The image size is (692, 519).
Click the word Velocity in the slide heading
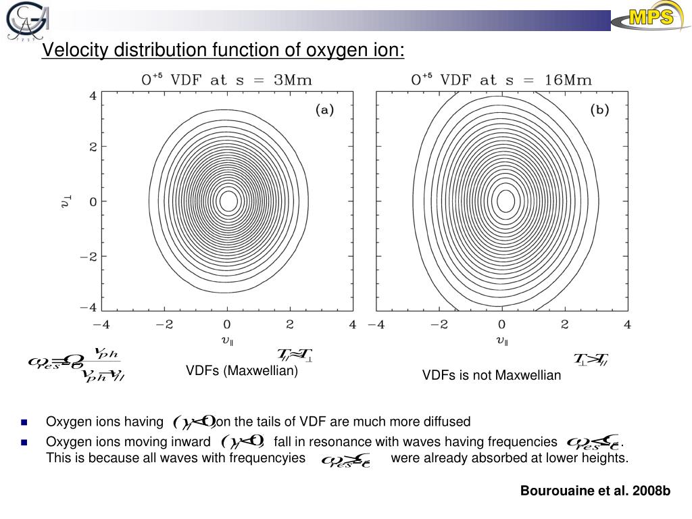coord(74,51)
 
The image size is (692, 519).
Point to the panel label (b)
coord(599,111)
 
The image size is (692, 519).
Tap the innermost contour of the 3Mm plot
coord(228,201)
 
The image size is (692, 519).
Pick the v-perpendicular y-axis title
coord(66,201)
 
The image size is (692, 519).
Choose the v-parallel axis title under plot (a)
coord(228,341)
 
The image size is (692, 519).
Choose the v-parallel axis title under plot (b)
coord(502,341)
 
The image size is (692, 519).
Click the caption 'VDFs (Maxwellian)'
coord(242,371)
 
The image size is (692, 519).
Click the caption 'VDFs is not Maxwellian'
coord(491,376)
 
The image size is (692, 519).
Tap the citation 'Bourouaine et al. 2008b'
coord(595,491)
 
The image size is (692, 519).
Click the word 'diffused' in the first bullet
coord(448,422)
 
